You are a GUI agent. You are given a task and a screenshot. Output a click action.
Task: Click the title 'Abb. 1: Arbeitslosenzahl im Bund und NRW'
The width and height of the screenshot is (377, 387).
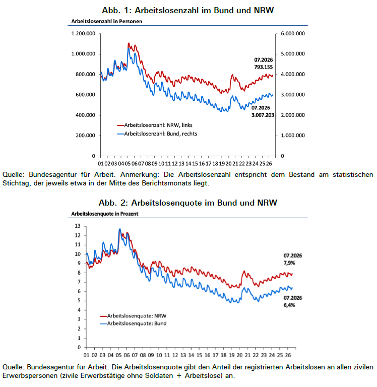coord(188,10)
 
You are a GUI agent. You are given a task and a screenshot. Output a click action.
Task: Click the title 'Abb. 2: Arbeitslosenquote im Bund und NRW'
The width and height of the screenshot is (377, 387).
coord(188,203)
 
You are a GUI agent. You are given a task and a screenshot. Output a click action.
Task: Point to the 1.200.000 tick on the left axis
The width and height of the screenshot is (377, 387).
coord(83,34)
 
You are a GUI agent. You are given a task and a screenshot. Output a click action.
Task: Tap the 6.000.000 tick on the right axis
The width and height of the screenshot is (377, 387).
coord(293,34)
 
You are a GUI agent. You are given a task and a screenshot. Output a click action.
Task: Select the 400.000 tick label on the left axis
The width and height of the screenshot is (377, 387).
coord(85,115)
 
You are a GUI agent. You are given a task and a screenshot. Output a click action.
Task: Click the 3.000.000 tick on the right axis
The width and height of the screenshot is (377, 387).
coord(293,95)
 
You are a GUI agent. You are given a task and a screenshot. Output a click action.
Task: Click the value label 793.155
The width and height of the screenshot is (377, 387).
coord(264,67)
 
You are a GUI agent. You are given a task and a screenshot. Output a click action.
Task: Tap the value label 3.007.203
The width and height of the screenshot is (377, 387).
coord(263,115)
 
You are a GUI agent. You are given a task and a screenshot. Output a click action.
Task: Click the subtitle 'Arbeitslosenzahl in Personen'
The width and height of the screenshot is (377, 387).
coord(107,22)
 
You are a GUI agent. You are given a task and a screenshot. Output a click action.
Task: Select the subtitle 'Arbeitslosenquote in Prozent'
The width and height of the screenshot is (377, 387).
coord(105,214)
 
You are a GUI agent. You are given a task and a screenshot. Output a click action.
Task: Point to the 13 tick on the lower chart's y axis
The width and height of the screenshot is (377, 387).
coord(78,226)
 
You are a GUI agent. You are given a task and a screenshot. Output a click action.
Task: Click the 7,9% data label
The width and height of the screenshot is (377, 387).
coord(289,263)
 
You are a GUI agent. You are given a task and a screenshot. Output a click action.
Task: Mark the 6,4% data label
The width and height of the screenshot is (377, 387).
coord(289,305)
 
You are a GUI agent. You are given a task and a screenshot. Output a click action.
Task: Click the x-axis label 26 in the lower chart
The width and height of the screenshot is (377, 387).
coord(288,355)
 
